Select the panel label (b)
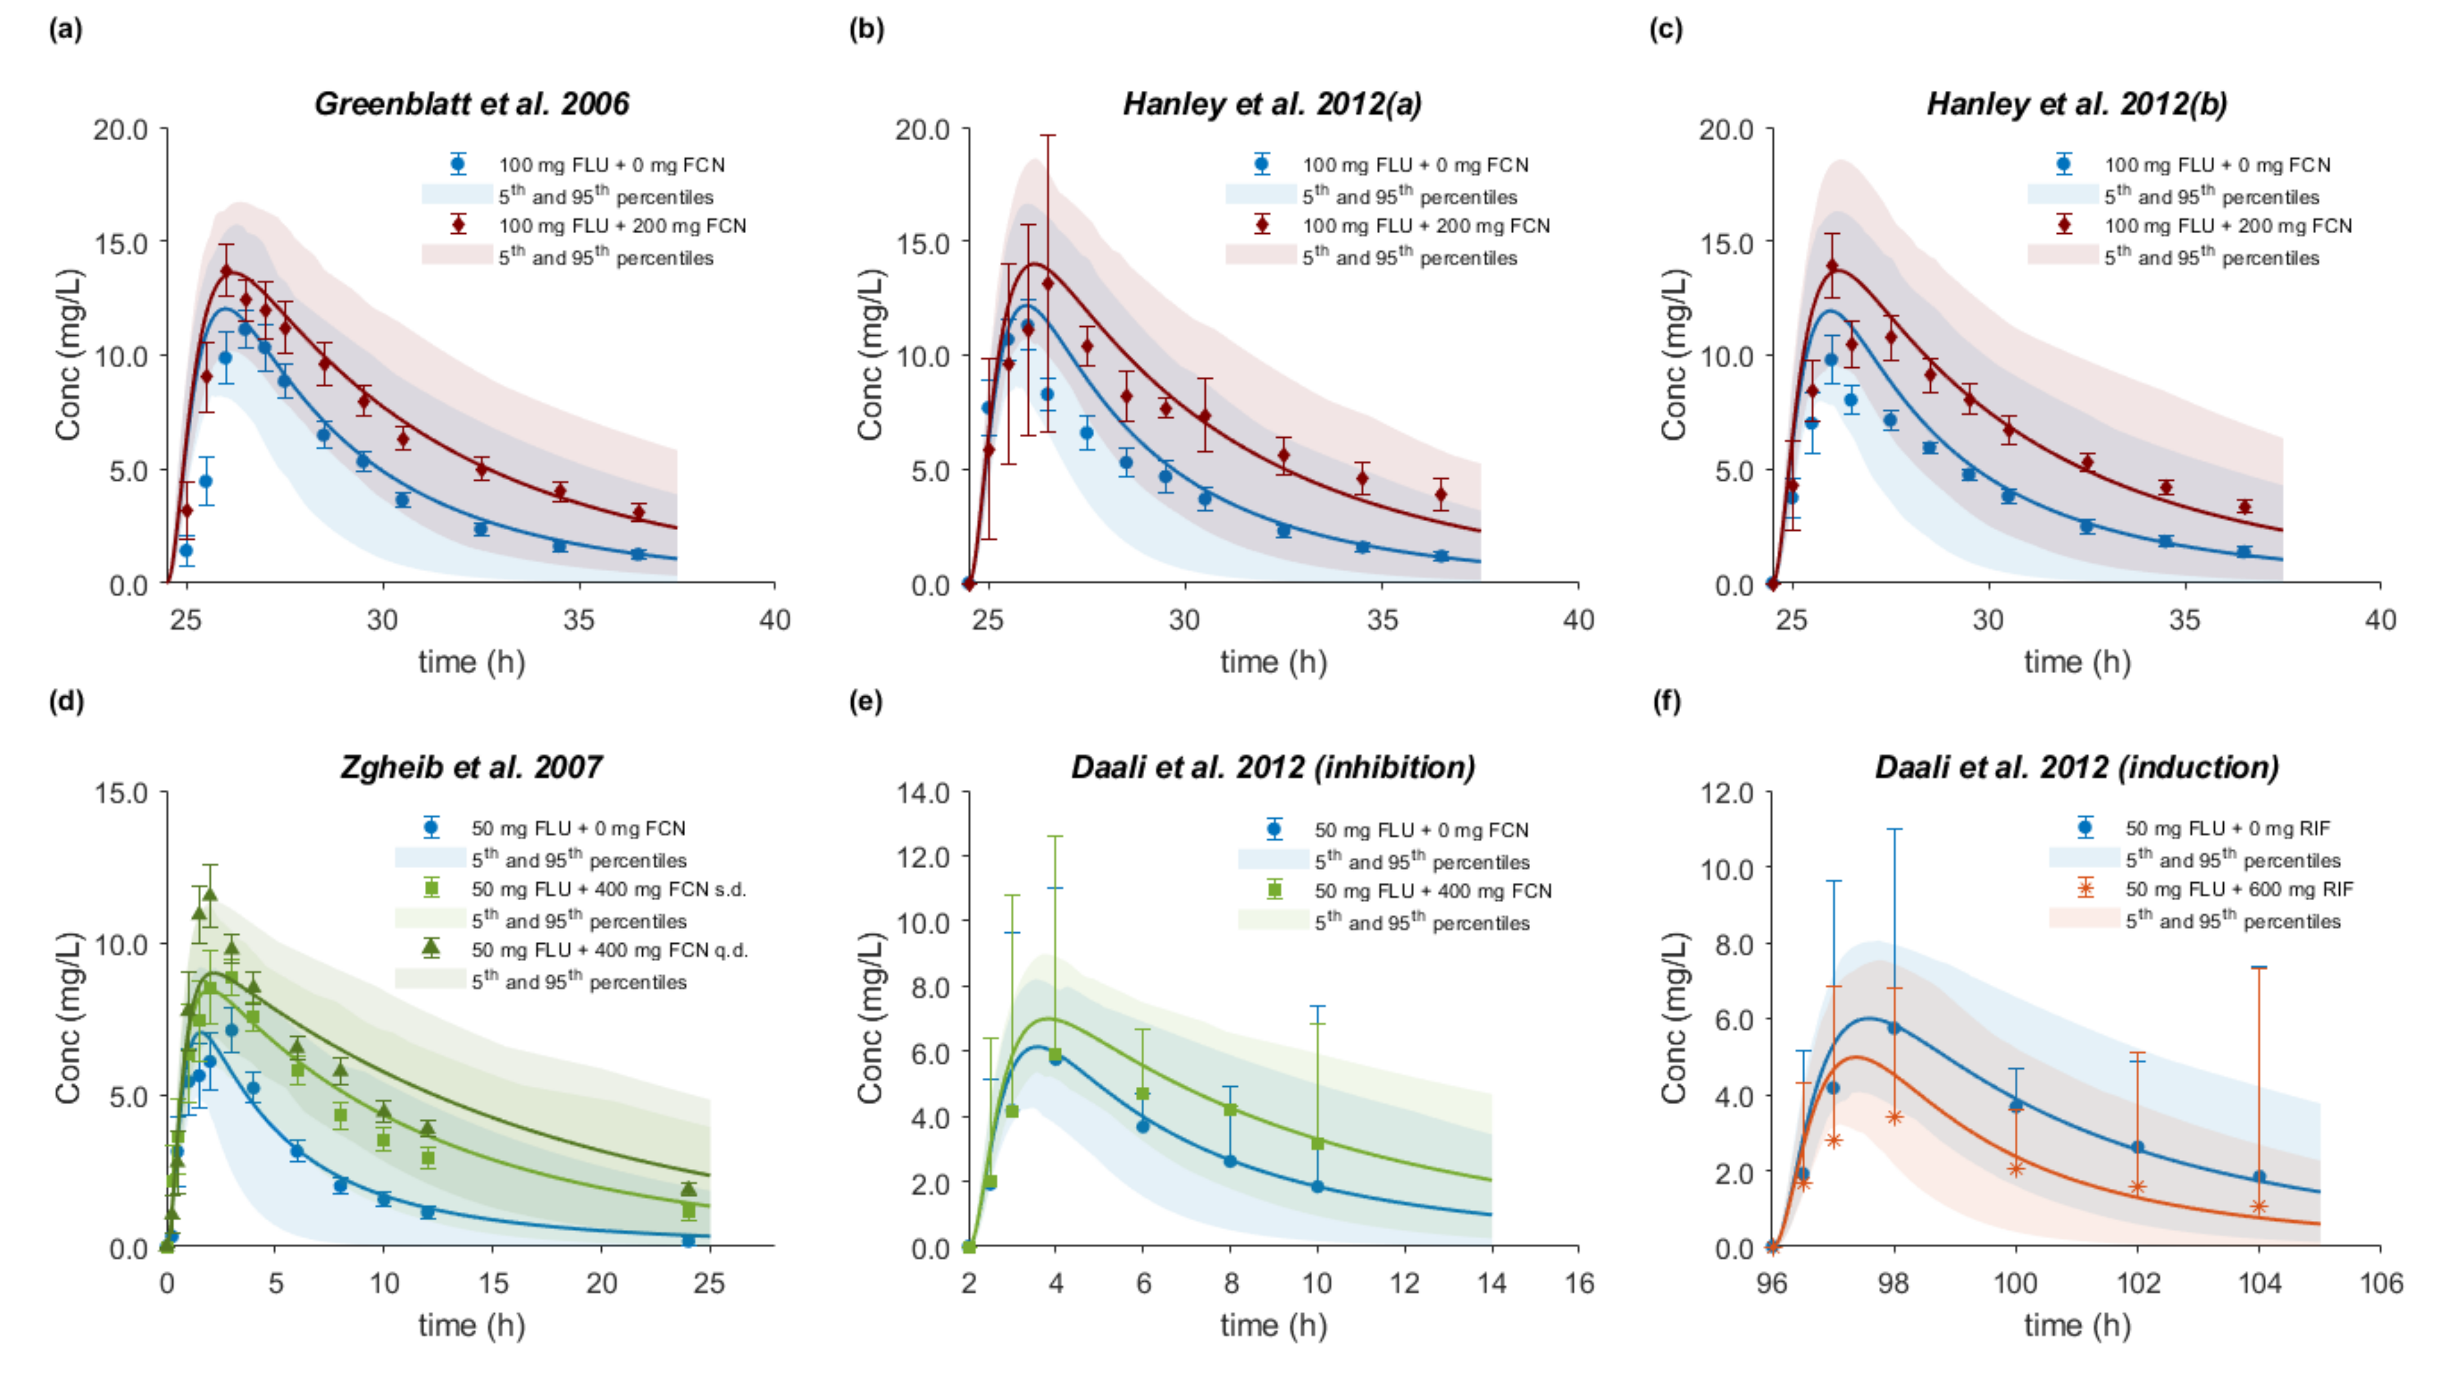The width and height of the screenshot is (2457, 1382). pos(866,29)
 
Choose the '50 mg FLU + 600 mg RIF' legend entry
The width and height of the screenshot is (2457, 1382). pos(2238,889)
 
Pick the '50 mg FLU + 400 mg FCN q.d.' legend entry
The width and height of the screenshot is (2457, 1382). pos(608,950)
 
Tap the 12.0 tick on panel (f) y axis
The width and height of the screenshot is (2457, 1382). pos(1726,793)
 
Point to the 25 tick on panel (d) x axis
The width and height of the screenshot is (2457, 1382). pos(709,1283)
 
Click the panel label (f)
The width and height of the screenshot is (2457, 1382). pos(1667,702)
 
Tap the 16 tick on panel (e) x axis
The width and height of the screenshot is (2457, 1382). pos(1579,1283)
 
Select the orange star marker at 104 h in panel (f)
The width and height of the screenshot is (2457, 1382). pos(2259,1207)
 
